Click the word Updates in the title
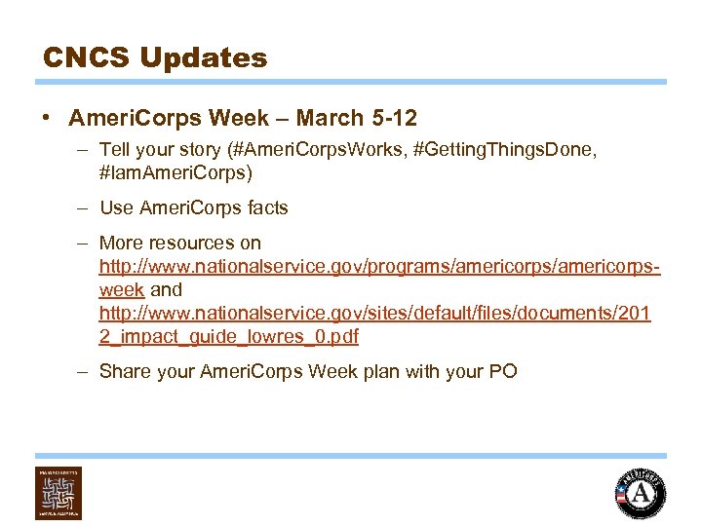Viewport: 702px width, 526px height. tap(203, 58)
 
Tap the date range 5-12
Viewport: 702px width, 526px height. tap(393, 119)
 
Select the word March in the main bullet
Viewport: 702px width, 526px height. tap(328, 119)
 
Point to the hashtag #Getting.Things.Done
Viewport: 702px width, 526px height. tap(507, 150)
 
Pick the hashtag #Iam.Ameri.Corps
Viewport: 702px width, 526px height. tap(175, 173)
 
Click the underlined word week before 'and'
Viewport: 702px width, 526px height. tap(122, 289)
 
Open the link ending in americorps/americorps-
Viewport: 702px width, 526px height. tap(380, 266)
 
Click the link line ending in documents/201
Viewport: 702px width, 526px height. tap(374, 313)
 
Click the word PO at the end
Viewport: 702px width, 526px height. tap(503, 371)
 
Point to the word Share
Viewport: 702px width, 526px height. tap(123, 371)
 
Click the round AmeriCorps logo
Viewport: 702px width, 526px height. tap(640, 493)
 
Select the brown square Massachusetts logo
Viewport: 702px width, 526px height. tap(58, 493)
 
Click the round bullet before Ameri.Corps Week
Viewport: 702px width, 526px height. tap(47, 119)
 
